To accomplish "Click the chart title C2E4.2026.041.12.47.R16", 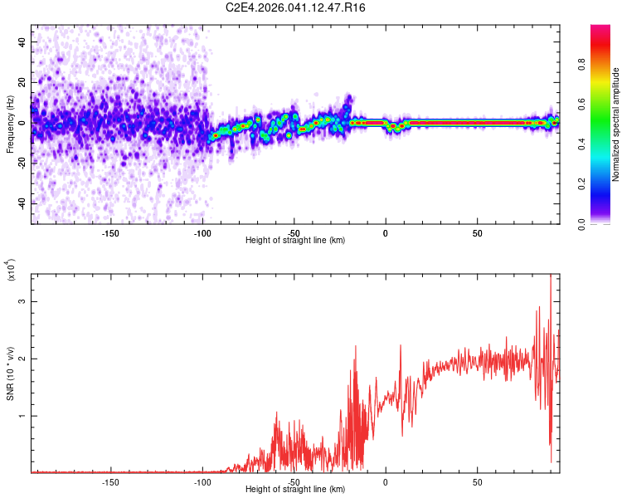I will pos(296,7).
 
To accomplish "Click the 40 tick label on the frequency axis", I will pos(22,41).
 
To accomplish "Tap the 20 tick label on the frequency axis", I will pos(22,82).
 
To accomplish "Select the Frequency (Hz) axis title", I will pos(10,124).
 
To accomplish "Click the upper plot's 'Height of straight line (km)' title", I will pos(295,240).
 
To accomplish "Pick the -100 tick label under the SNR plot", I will pos(202,481).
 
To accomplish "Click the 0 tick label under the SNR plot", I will pos(385,481).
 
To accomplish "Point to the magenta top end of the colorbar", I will pos(600,29).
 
